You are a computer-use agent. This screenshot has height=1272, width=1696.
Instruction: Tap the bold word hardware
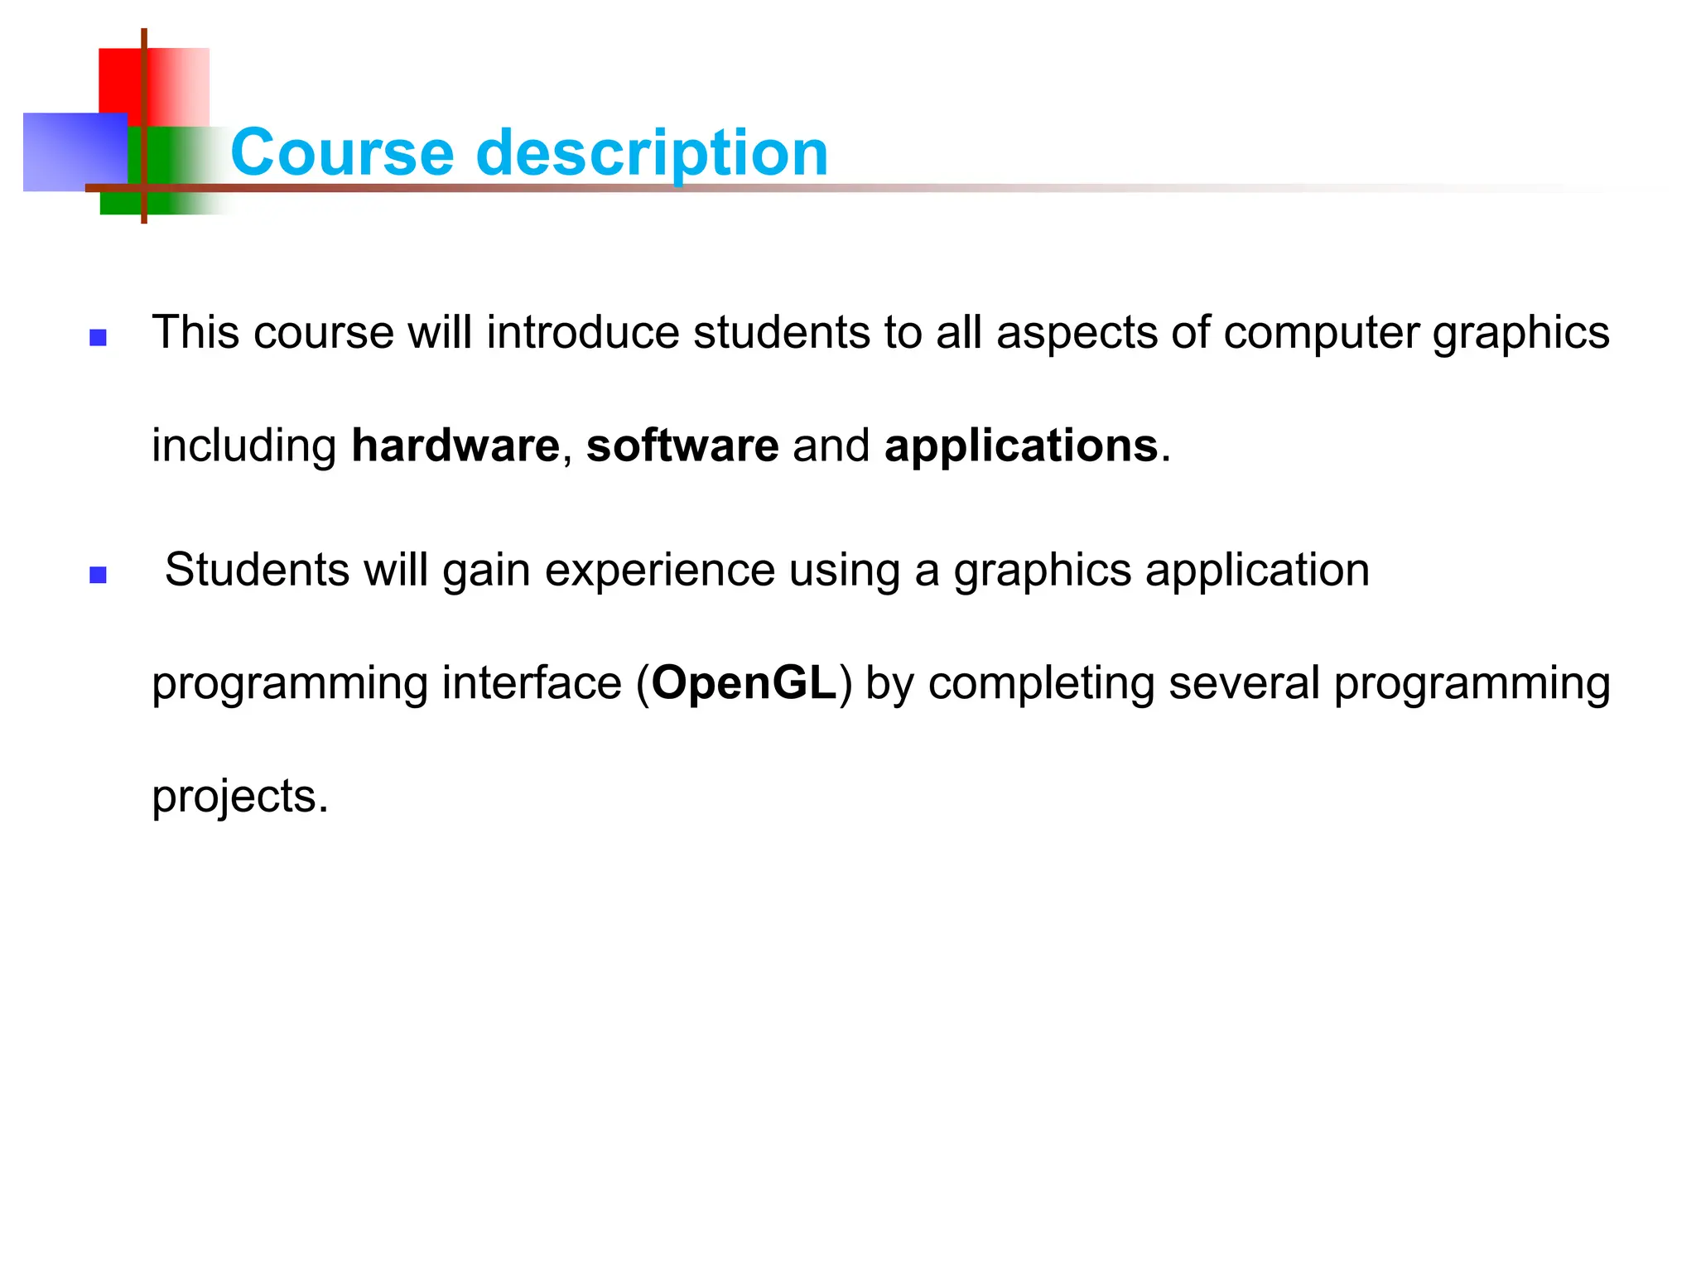455,446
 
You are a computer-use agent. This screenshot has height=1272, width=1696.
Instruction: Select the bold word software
682,446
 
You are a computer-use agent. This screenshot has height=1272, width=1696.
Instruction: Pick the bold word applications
1021,447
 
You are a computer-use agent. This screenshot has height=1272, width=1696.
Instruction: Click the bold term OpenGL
744,684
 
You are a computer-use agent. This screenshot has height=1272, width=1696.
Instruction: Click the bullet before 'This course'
99,337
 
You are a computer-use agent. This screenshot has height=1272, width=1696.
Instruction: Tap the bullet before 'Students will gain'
99,575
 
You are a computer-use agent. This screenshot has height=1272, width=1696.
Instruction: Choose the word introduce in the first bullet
583,333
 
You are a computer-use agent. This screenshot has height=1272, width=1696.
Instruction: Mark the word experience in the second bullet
660,571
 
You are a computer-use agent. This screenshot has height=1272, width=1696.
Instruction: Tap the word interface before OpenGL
532,683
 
